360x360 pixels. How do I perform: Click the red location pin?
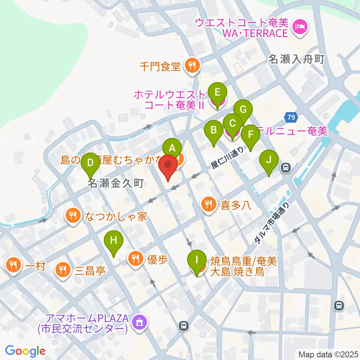(x=168, y=167)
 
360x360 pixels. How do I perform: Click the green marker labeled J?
(x=269, y=160)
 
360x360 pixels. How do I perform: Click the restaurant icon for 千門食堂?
(x=192, y=66)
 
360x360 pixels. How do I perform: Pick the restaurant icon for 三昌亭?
(x=62, y=270)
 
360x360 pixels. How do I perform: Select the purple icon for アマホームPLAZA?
(x=140, y=321)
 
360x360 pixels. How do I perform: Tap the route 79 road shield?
(x=291, y=117)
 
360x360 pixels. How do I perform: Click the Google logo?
(x=25, y=351)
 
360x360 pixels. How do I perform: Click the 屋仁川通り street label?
(x=228, y=157)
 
